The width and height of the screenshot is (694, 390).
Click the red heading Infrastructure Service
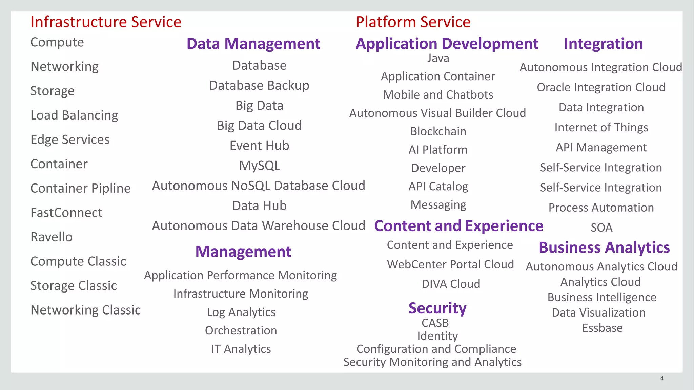click(x=106, y=22)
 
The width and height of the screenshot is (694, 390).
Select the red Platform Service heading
click(x=413, y=22)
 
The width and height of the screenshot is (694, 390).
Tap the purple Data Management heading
click(x=253, y=44)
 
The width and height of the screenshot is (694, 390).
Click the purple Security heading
click(x=437, y=308)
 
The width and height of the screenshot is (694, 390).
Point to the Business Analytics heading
click(x=604, y=248)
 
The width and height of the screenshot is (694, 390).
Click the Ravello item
click(x=52, y=237)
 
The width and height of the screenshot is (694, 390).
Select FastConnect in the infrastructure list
click(x=66, y=213)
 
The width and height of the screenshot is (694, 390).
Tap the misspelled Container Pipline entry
click(x=80, y=188)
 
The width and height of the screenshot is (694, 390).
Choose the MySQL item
click(x=260, y=166)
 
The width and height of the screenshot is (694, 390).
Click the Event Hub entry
click(x=259, y=146)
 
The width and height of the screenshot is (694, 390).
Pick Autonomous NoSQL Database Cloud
click(x=258, y=186)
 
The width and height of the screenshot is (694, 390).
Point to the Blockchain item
click(x=438, y=131)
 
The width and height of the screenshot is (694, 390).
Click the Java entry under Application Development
click(x=438, y=58)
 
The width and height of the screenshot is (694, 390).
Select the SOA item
click(x=601, y=227)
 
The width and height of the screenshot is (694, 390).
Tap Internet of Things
click(x=601, y=128)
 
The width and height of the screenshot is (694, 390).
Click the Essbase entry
click(x=602, y=328)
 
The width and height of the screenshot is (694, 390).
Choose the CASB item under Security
click(x=435, y=323)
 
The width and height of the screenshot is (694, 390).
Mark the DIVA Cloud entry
click(x=451, y=284)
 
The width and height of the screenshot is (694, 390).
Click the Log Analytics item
click(x=241, y=312)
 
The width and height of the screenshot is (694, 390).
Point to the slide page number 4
click(x=661, y=378)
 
